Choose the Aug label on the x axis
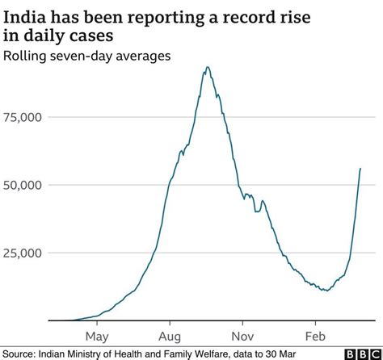tap(170, 334)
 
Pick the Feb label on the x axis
tap(315, 334)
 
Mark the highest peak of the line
tap(208, 67)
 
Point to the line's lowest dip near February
tap(325, 290)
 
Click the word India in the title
tap(25, 15)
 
